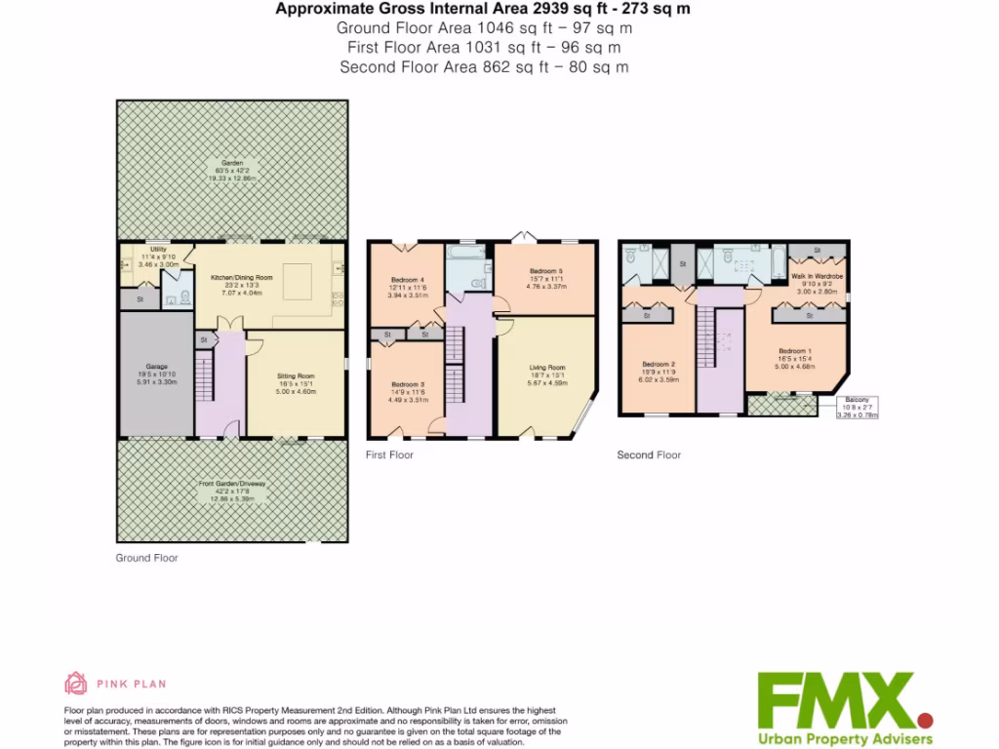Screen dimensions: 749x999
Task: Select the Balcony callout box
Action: [859, 408]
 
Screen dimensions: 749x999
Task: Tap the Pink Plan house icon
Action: [75, 683]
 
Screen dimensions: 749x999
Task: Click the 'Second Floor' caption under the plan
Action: [649, 454]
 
